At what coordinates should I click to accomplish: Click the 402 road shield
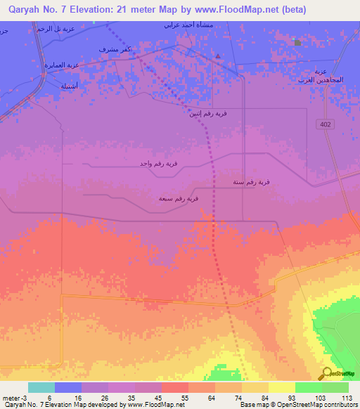324,124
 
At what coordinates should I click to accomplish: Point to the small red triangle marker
219,56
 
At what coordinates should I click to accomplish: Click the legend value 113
345,398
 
